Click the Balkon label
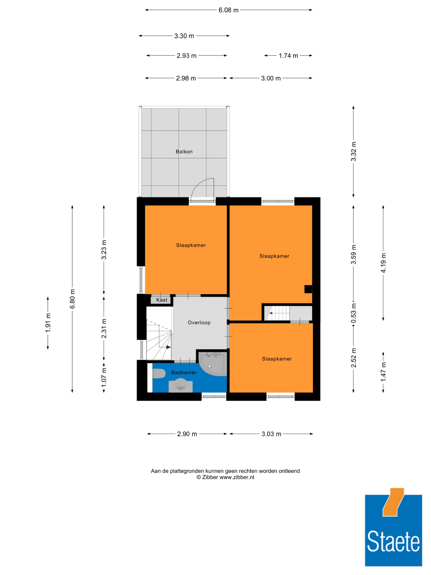[184, 152]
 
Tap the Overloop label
[199, 322]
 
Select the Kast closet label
[162, 300]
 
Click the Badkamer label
[184, 373]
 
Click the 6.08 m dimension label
[228, 10]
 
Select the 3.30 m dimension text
[184, 36]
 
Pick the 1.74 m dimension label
[288, 56]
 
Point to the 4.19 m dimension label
[383, 263]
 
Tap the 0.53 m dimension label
[353, 313]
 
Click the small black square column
[308, 289]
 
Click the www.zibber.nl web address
[237, 477]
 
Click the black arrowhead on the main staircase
[169, 347]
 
